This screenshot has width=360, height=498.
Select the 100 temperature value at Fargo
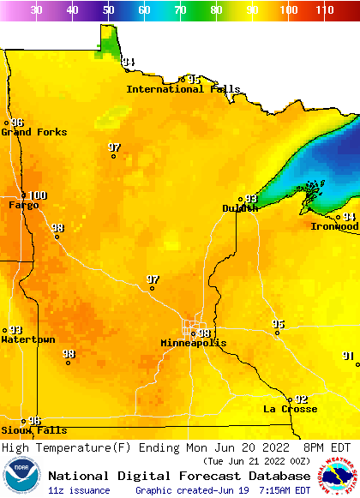[38, 195]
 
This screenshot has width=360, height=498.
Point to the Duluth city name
[240, 208]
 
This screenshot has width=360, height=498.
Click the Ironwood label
[334, 226]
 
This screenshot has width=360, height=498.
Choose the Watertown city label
[27, 339]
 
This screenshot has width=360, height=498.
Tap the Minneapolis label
[194, 343]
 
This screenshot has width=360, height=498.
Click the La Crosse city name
[290, 409]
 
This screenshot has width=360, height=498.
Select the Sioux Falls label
[33, 430]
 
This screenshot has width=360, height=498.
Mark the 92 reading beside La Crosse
[301, 399]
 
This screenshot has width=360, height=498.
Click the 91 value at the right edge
[348, 355]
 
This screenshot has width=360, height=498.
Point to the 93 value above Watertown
[15, 330]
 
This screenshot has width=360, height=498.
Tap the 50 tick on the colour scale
[108, 10]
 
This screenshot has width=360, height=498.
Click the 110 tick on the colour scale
[324, 10]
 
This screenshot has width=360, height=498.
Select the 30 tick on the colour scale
[36, 10]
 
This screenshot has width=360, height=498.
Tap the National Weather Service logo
[340, 477]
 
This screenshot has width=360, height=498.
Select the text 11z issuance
[79, 490]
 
